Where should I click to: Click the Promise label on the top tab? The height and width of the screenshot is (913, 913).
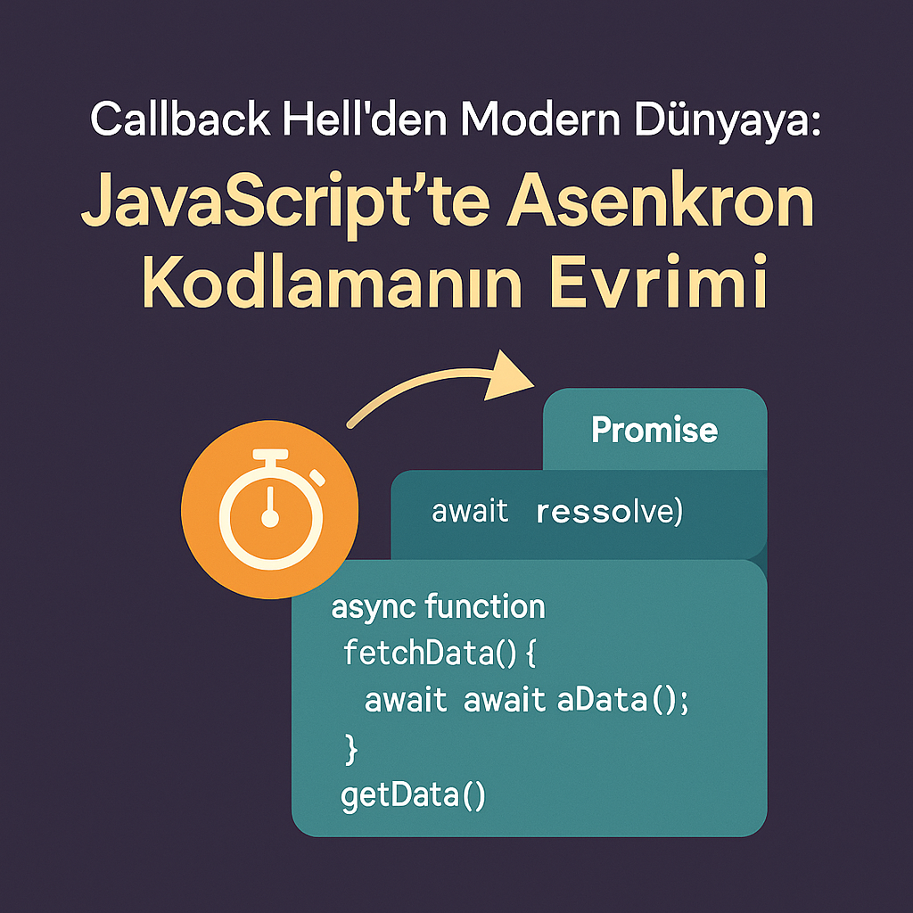pos(654,431)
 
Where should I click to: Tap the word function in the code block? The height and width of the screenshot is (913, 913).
pos(485,607)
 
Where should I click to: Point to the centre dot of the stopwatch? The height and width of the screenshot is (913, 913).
pos(269,518)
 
